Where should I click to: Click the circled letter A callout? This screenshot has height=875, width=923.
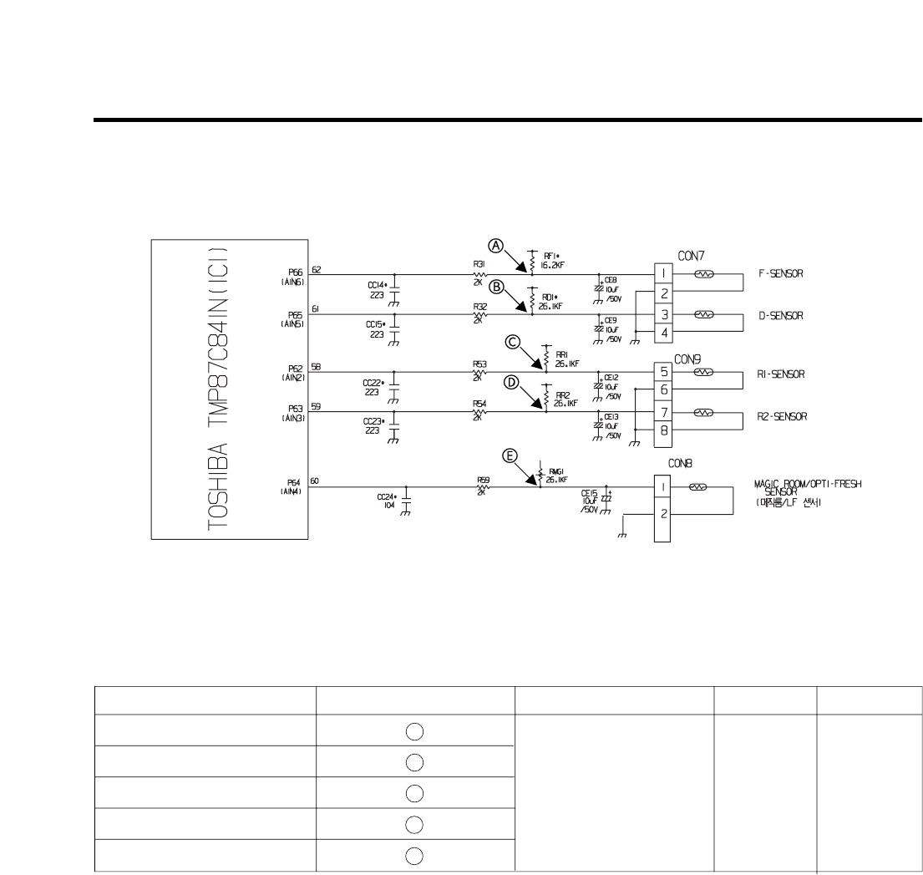(x=496, y=246)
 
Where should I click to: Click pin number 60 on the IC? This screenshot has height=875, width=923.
(x=314, y=481)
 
